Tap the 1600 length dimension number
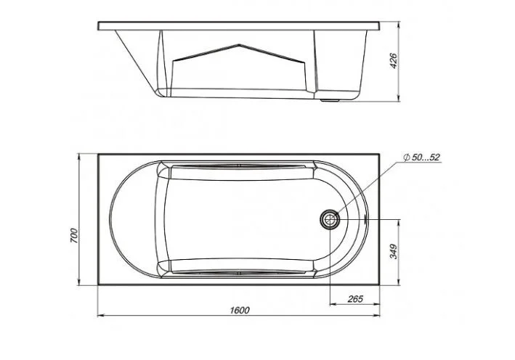tap(240, 311)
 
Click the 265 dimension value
tap(356, 298)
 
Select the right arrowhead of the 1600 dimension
tap(381, 316)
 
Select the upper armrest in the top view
tap(240, 172)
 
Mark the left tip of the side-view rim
tap(98, 25)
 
